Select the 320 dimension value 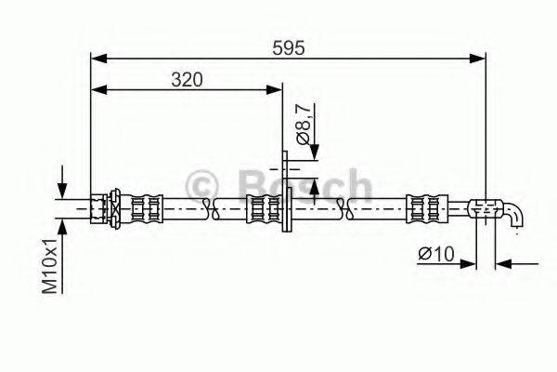click(x=187, y=80)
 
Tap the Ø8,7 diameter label click(x=304, y=124)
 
